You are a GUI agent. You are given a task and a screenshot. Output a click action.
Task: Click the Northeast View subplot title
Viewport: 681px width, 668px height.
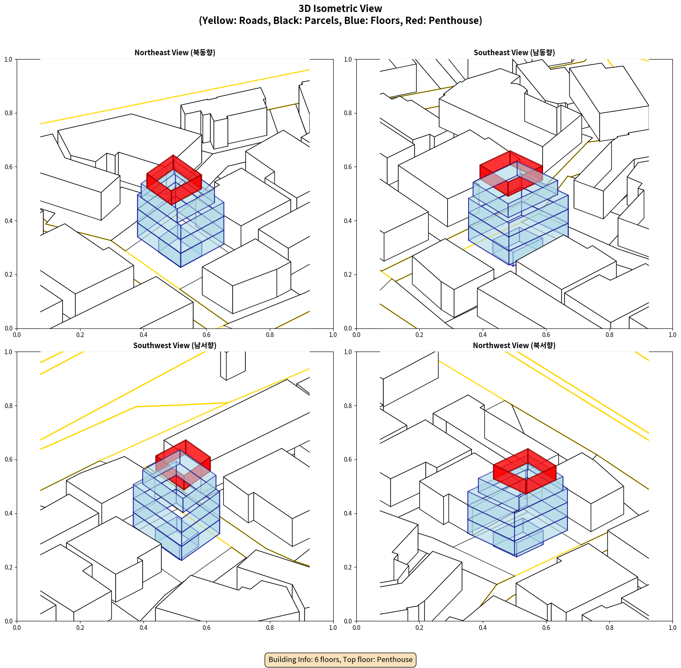pos(175,53)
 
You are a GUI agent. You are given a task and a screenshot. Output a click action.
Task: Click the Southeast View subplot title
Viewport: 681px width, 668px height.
pos(514,53)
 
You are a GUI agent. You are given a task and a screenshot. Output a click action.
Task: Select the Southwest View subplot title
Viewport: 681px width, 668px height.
pos(175,346)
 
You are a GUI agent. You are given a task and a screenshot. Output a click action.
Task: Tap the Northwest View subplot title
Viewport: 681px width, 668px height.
pos(514,346)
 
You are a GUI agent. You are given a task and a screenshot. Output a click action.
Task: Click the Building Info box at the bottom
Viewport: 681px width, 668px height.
pos(340,659)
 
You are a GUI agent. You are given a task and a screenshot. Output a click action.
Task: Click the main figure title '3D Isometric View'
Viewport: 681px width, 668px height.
pos(340,9)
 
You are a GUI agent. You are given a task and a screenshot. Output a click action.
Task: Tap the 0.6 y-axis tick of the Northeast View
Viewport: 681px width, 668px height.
pos(9,167)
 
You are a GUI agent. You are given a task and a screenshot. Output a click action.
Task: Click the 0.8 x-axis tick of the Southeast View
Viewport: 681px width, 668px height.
pos(609,335)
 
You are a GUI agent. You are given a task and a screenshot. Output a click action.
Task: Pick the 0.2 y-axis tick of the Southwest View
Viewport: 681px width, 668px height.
pos(9,567)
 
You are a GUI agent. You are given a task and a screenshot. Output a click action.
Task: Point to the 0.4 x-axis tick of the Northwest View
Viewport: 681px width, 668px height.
pos(483,628)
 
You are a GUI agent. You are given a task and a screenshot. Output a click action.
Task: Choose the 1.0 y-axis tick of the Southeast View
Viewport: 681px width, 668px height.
pos(348,60)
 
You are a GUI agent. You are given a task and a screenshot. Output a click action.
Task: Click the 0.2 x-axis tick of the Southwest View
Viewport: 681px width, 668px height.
pos(80,628)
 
